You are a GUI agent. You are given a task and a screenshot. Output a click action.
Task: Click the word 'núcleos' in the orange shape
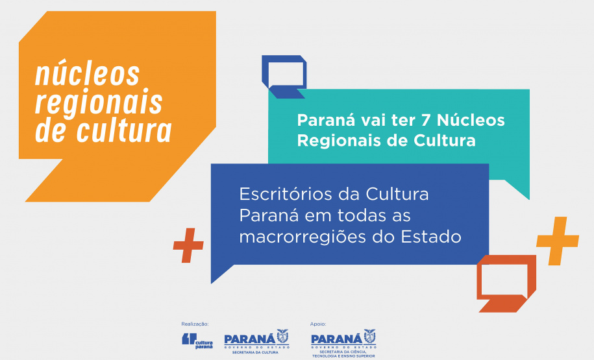click(87, 75)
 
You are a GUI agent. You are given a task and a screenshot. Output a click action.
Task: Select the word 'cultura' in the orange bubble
click(125, 131)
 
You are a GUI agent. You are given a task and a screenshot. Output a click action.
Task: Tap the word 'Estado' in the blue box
click(430, 237)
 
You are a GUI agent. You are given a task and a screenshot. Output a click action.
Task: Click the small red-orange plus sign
click(188, 245)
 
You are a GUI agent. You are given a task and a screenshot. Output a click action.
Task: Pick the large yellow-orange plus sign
click(557, 241)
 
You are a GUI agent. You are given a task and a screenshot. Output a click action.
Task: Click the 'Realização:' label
click(195, 324)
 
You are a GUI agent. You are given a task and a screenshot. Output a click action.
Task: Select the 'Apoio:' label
click(319, 324)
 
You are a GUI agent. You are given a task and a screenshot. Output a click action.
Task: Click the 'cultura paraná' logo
click(197, 340)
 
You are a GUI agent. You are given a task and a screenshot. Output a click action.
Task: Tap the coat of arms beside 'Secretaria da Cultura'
click(282, 336)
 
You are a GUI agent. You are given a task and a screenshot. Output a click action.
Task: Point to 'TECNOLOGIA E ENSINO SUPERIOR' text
click(343, 355)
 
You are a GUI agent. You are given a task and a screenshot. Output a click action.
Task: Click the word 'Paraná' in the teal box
click(320, 121)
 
